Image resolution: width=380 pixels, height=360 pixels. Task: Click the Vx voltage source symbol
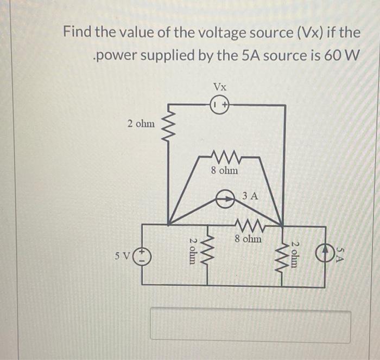pos(220,105)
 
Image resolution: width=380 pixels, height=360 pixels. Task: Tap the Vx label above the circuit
pos(220,87)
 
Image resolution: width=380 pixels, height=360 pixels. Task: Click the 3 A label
pos(251,194)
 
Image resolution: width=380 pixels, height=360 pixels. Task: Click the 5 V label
pos(124,255)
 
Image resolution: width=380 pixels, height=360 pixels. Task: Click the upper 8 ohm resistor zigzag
pos(224,157)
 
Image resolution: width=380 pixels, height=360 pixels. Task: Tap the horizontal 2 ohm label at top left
pos(141,124)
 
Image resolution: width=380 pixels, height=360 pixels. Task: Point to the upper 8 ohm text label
pos(224,171)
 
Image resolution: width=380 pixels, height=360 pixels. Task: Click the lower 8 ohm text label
pos(248,238)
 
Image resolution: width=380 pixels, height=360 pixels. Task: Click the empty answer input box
pos(250,325)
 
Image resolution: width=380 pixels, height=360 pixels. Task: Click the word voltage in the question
pos(207,33)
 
